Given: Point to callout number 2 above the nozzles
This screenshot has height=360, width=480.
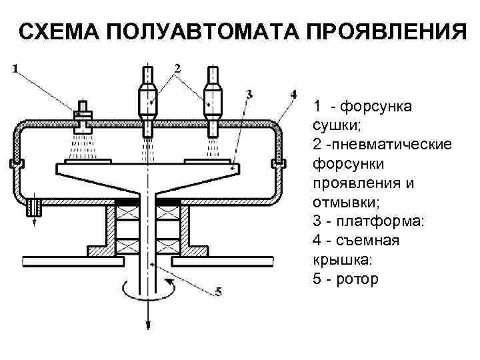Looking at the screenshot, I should click(x=177, y=67).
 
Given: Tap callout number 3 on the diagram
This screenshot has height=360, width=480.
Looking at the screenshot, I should click(x=249, y=95).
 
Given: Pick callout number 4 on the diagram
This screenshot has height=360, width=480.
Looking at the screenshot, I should click(x=294, y=93).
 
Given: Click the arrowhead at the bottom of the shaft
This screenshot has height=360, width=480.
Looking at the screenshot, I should click(x=147, y=324).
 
